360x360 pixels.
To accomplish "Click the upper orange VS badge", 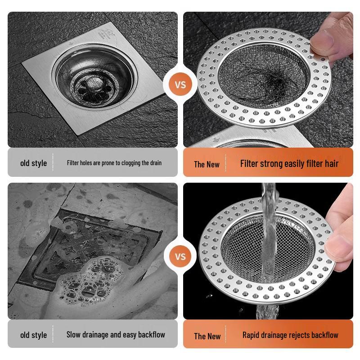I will pos(180,85).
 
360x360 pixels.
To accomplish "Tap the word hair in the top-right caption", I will pos(330,163).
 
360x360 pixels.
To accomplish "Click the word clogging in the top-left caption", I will pos(128,163).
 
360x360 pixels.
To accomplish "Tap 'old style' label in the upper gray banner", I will pos(33,163).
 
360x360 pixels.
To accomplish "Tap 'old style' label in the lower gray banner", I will pos(33,335).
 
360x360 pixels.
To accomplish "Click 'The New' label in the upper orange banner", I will pos(207,164).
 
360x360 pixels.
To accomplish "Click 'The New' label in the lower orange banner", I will pos(207,336).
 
